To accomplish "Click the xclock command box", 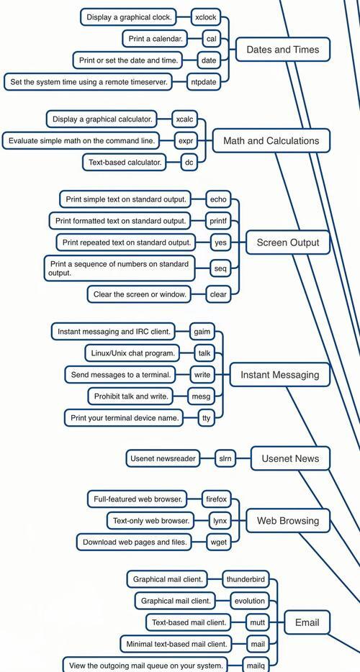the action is [206, 17].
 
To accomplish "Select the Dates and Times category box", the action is [283, 50].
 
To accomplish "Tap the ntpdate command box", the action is [204, 82].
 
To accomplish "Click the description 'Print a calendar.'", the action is [156, 39].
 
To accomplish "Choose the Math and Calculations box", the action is [271, 140].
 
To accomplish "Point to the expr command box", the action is [186, 140].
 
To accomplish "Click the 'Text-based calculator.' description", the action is [125, 163].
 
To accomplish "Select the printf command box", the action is [218, 221].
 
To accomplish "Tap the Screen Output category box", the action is [288, 242].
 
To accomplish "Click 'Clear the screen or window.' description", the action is [140, 295].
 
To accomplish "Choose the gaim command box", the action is [202, 332].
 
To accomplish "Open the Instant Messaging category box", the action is [280, 375].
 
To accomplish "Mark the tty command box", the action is [207, 418].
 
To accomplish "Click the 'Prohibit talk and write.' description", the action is [131, 396].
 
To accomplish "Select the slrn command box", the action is [225, 458].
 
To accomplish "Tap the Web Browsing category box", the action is [288, 521].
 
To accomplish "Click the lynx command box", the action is [220, 521].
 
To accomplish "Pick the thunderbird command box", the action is [246, 579].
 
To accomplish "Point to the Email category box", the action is [307, 622].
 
